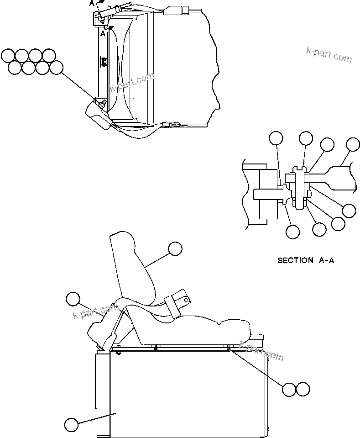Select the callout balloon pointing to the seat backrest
click(175, 248)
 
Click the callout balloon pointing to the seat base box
click(71, 425)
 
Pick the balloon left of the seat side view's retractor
click(73, 299)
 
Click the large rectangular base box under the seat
click(183, 393)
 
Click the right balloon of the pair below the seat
click(303, 389)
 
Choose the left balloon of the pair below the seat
click(289, 389)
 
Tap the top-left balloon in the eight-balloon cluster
click(8, 56)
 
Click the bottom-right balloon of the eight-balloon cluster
click(56, 68)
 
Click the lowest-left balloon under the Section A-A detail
click(292, 232)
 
